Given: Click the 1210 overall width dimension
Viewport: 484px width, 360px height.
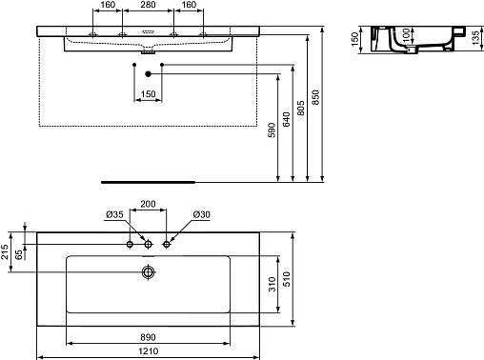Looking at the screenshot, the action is click(x=148, y=351).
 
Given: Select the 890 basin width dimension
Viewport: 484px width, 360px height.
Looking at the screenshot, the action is click(x=148, y=337).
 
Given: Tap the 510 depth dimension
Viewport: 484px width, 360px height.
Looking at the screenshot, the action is click(x=287, y=279).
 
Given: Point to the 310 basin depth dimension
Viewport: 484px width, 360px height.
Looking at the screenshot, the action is click(x=272, y=284).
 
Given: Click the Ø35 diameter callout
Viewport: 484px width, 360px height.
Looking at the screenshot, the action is click(x=114, y=215).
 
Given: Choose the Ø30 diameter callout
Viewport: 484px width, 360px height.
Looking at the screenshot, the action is click(x=201, y=215).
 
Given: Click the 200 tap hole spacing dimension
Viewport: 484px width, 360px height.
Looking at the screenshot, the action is click(x=148, y=204).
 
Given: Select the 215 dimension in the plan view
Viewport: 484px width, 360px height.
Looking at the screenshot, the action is click(x=5, y=251).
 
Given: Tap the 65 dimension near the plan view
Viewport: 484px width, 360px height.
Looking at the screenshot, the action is click(x=19, y=254).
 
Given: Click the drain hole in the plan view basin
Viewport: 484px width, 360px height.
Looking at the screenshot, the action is click(x=148, y=272).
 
